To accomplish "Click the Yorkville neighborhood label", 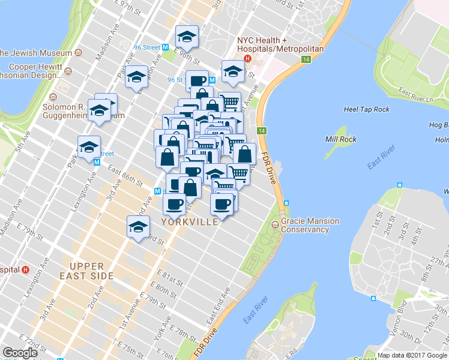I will pos(189,222).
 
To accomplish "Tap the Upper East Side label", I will pos(91,271).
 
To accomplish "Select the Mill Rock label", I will pos(341,139).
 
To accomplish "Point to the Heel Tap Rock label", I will pos(366,109).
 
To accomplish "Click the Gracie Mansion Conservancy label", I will pos(310,225).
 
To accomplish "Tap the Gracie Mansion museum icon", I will pos(275,225).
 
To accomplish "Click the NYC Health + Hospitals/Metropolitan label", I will pos(280,44).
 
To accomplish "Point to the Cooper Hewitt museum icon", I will pos(68,71).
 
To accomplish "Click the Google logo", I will pos(20,353).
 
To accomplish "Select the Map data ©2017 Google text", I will pos(412,355).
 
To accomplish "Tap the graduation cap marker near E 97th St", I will pos(187,37).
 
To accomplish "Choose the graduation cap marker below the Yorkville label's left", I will pos(138,227).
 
